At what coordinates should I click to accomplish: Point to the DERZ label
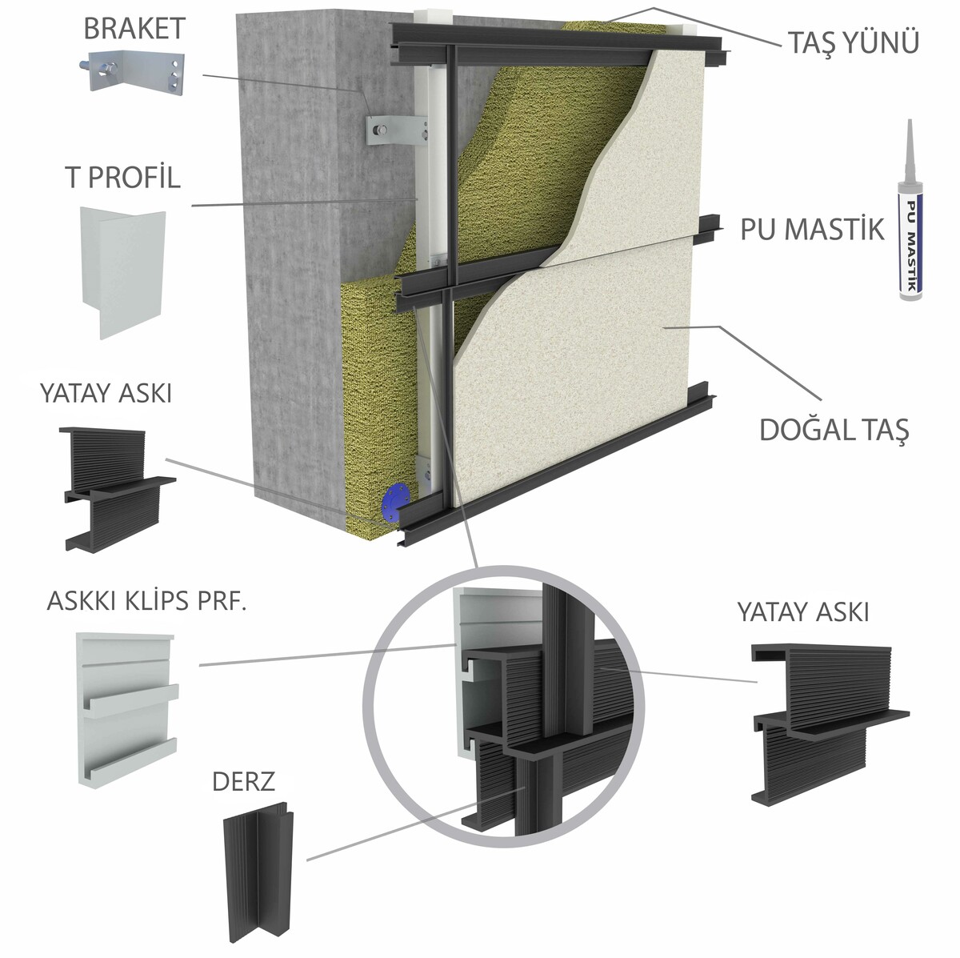(x=243, y=782)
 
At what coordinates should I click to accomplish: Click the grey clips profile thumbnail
(x=126, y=708)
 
